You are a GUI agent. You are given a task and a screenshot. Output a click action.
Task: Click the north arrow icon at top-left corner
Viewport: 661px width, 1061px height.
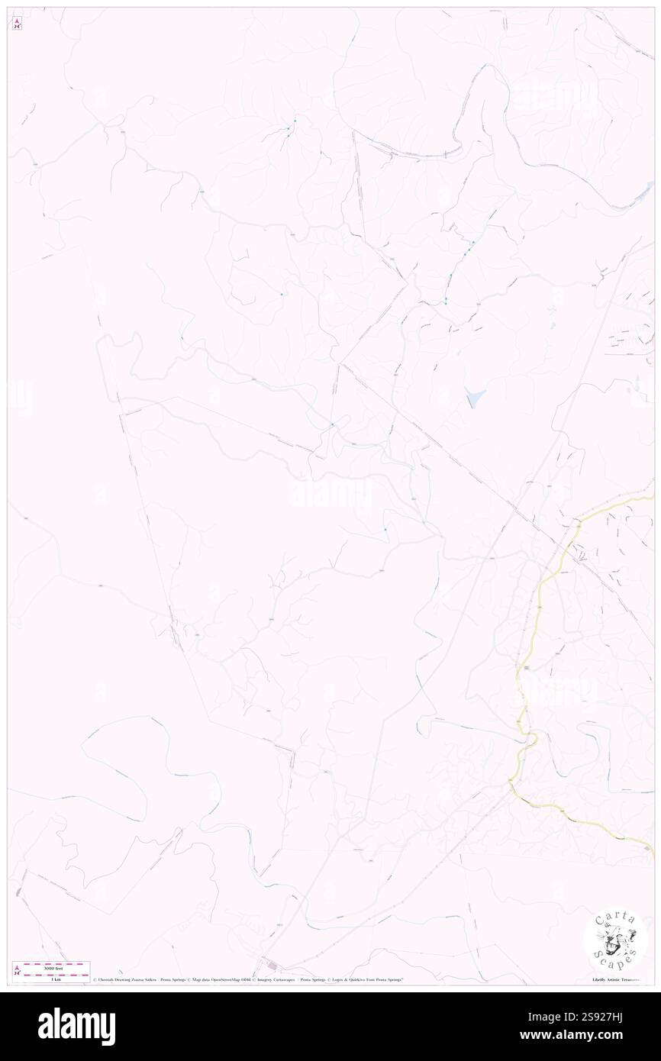(x=17, y=23)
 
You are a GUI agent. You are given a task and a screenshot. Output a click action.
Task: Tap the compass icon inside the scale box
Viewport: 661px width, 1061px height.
(x=17, y=970)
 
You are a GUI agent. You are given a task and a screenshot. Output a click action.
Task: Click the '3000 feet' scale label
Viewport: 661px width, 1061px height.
(x=53, y=966)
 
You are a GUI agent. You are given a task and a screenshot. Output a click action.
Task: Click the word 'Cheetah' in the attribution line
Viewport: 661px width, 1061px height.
(x=108, y=979)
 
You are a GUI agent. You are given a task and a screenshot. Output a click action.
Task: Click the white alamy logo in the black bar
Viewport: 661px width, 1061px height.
(x=76, y=1027)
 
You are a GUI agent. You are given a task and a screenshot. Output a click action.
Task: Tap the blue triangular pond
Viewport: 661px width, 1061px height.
(x=475, y=397)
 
